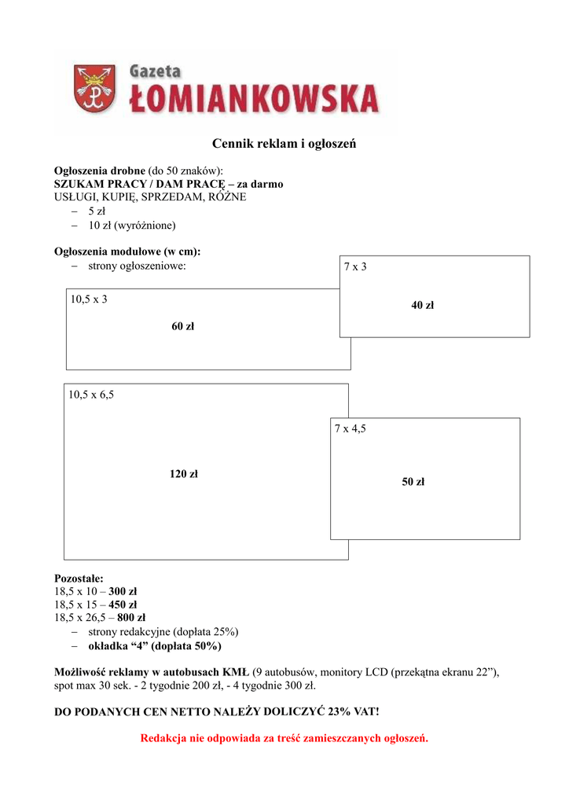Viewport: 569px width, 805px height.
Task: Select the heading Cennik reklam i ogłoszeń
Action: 284,144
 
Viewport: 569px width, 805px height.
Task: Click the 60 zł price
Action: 182,327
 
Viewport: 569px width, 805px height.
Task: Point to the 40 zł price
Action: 422,305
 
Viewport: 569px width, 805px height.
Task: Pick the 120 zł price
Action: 184,474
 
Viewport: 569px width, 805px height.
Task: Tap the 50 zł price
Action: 413,482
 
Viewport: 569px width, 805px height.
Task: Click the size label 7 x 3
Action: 355,267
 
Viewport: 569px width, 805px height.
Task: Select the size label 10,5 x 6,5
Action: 91,395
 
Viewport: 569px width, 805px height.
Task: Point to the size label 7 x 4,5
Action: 350,428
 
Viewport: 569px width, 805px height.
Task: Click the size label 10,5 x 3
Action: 89,300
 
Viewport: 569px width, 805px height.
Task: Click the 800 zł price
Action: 131,618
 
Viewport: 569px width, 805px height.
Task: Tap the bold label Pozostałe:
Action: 79,578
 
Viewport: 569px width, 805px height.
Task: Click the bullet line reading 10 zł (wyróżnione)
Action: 132,225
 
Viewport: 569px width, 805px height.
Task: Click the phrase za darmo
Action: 257,184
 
